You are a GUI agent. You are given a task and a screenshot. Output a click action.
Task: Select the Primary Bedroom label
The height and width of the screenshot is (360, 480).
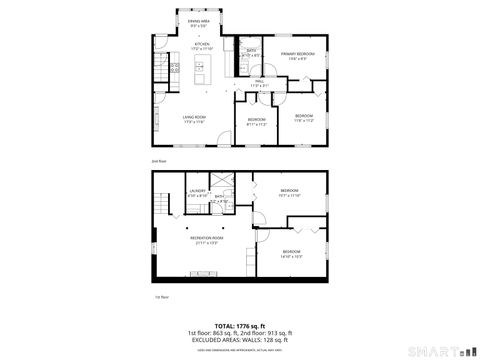(298, 55)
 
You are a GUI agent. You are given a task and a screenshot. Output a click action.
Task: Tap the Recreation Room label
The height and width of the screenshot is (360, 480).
(206, 239)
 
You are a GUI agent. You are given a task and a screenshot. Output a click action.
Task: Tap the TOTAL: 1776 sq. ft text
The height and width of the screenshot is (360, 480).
(239, 325)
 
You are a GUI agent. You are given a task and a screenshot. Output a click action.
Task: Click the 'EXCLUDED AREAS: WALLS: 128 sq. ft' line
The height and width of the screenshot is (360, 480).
(239, 340)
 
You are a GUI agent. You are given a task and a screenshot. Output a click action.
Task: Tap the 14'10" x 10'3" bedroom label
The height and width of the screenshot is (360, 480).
(291, 253)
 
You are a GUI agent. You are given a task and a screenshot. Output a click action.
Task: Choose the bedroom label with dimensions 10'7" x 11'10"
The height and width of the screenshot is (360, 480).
(290, 192)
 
